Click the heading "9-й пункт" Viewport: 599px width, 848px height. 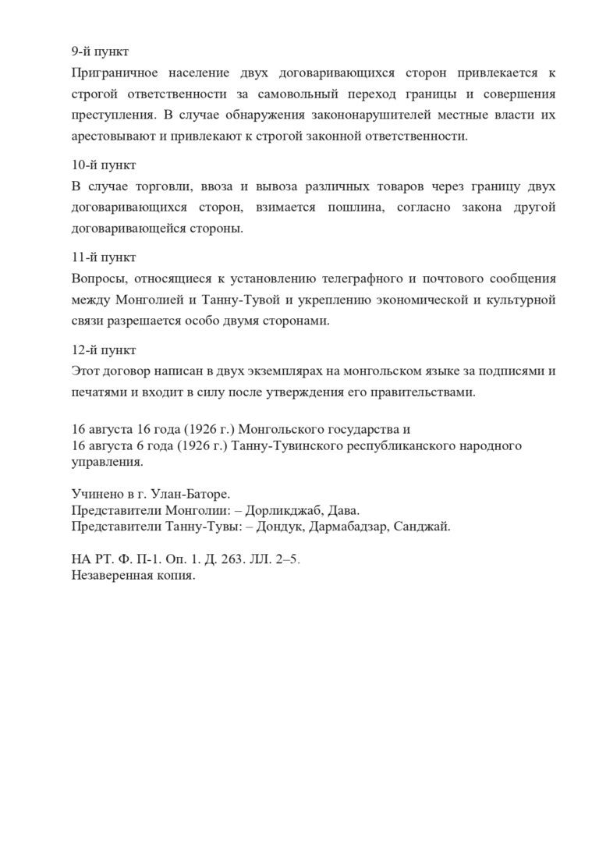point(99,52)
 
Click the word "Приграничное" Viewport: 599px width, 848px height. point(112,73)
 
